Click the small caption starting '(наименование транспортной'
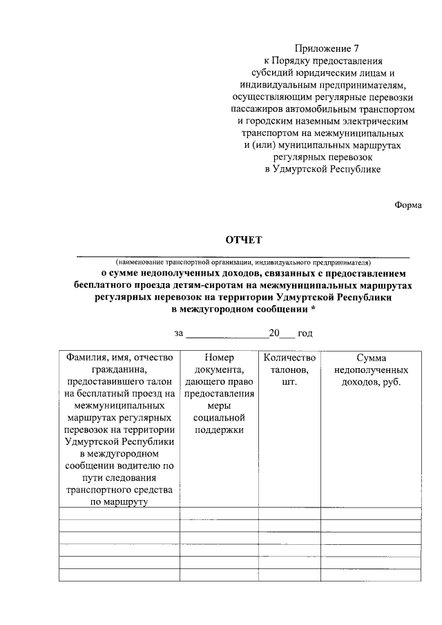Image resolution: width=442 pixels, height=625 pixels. [242, 262]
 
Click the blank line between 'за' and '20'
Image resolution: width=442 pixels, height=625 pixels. [227, 334]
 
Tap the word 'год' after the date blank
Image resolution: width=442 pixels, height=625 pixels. [305, 334]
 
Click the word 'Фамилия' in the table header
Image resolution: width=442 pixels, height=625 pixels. [84, 358]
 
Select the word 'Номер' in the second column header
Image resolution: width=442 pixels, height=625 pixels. [220, 358]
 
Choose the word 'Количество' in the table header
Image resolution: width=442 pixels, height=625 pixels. [289, 358]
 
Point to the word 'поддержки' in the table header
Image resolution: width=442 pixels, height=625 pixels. [220, 430]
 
